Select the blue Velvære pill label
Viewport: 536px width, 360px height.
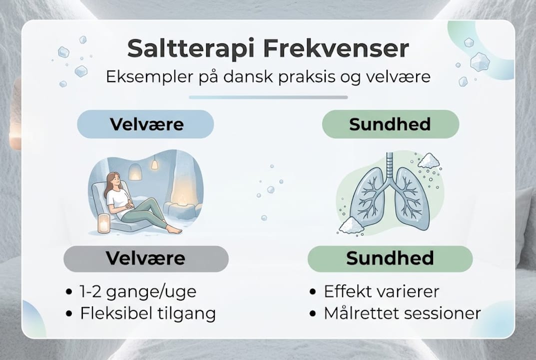point(145,124)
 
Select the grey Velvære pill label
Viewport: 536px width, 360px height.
point(146,258)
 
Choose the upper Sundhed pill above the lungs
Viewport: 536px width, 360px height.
point(390,124)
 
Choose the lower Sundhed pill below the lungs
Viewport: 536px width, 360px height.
point(390,258)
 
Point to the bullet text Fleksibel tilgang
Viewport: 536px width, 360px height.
point(148,313)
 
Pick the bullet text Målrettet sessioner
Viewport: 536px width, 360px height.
point(402,313)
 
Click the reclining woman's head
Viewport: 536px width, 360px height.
point(113,180)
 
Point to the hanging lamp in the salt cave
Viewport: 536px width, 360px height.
point(155,163)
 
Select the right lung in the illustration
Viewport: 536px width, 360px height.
point(412,199)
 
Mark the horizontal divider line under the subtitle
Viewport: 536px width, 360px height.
point(268,97)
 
